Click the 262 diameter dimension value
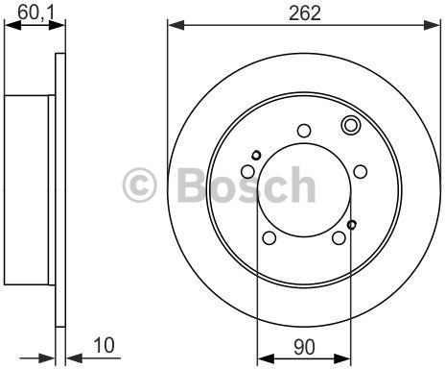coord(304,13)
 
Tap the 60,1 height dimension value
coord(36,12)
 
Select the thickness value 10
coord(104,345)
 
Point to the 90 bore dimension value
coord(304,347)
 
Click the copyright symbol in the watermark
coord(140,185)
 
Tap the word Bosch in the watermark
coord(246,184)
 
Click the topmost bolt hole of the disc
coord(304,131)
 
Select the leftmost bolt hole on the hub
coord(247,172)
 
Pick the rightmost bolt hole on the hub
coord(361,172)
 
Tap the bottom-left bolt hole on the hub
coord(269,237)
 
